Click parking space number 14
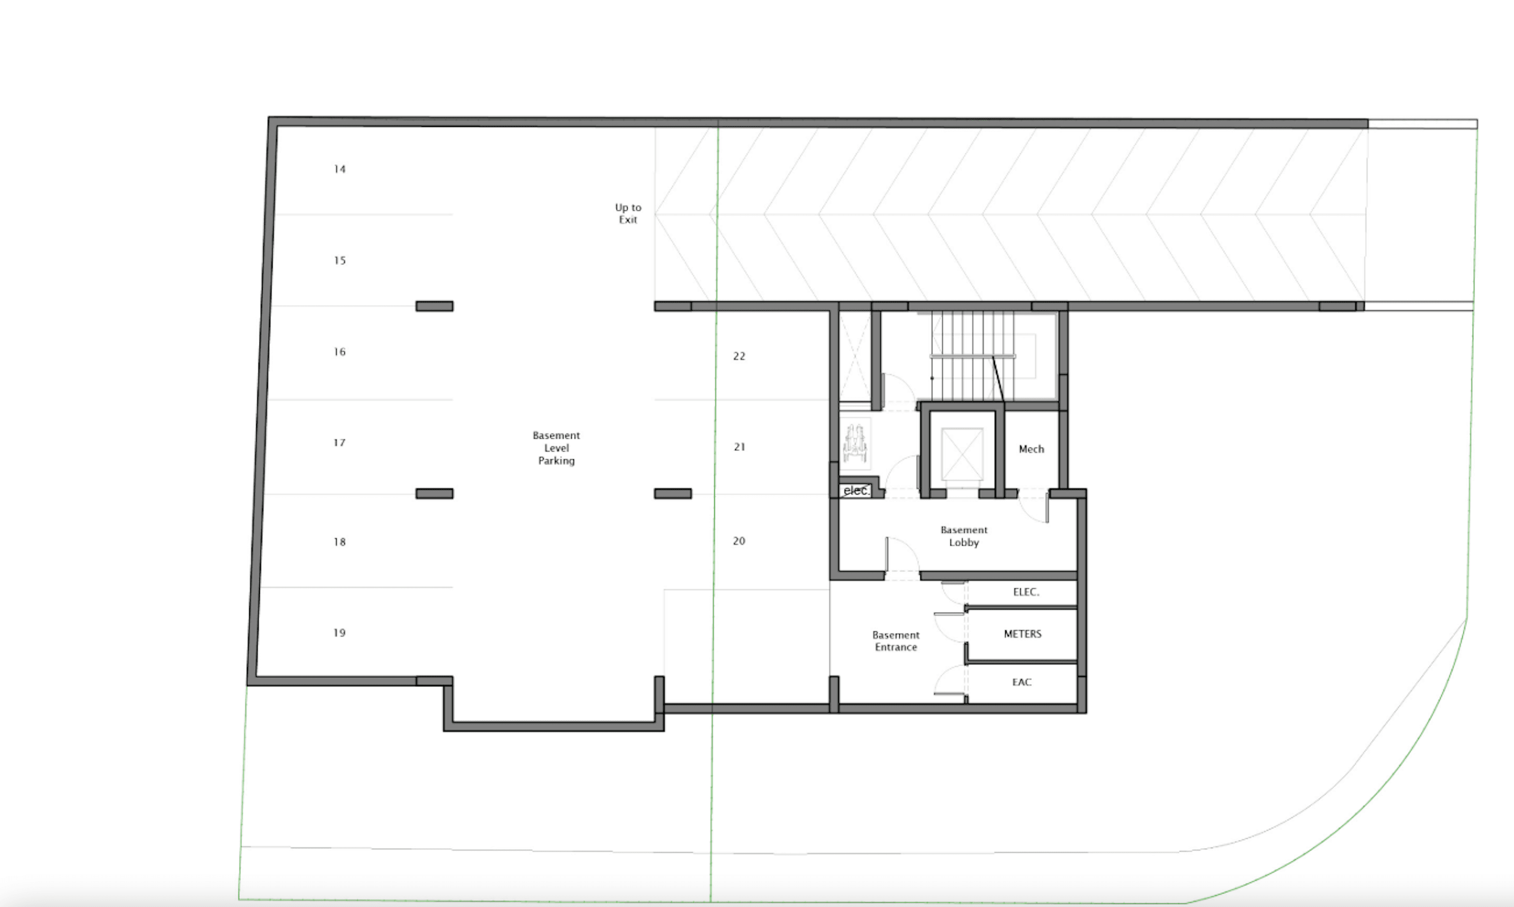340,169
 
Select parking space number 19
340,633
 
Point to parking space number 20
739,541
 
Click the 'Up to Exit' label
628,214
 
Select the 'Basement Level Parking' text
556,448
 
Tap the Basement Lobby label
964,536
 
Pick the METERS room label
1023,634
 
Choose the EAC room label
1022,682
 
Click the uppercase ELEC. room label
1026,592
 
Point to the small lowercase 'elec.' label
856,491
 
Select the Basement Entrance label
896,641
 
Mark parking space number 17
340,443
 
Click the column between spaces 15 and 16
435,306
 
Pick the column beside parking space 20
673,494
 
